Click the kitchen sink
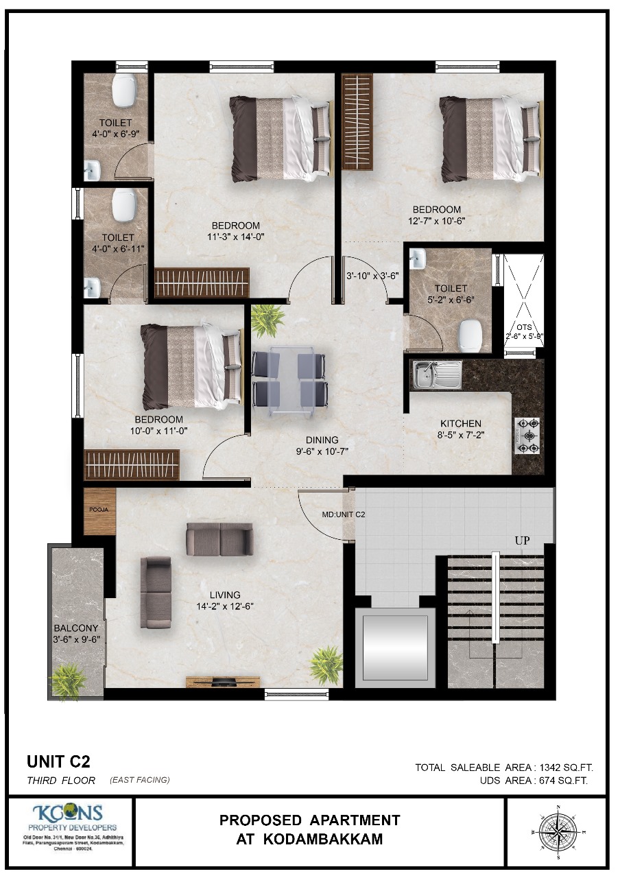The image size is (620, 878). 436,375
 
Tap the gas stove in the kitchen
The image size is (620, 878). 527,436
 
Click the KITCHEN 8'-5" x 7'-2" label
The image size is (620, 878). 461,429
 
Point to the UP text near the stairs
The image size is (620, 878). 523,541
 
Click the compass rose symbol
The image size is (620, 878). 558,831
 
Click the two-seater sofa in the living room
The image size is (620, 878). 219,539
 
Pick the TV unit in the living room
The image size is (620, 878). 223,681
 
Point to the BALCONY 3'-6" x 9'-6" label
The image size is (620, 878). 77,633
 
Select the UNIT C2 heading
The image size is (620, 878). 58,761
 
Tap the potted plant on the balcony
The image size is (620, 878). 68,681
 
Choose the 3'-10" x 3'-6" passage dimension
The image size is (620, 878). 372,276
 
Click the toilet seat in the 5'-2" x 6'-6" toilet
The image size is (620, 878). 471,334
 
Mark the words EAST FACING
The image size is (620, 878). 139,780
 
